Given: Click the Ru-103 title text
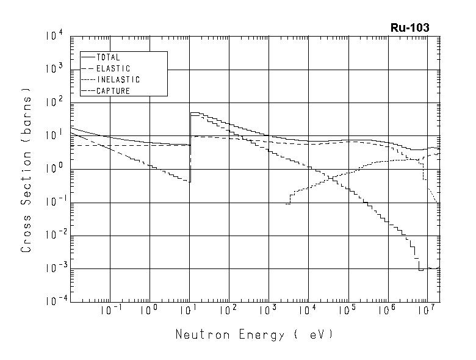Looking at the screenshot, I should point(409,27).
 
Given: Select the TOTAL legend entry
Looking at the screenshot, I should point(109,57).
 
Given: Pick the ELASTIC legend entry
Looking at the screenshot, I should point(113,68).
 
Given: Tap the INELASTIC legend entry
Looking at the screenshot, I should point(118,79).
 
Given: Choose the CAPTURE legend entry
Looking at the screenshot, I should point(113,90).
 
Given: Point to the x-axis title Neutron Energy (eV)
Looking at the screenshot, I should point(254,334).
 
